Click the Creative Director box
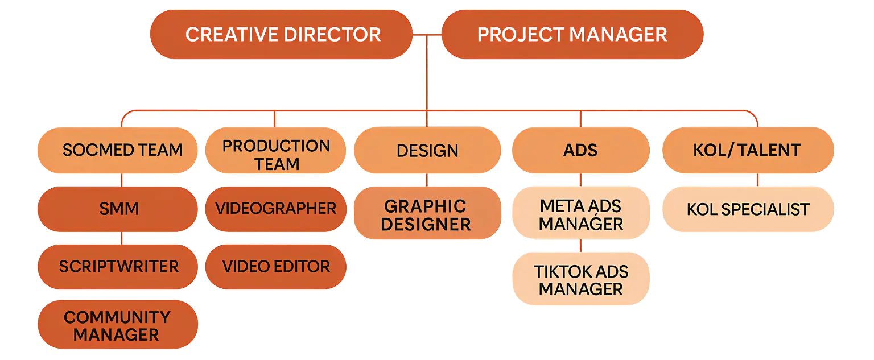(282, 35)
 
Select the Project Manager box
(572, 35)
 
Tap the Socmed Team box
(118, 150)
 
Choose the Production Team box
(276, 155)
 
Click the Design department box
(427, 151)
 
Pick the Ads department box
(580, 150)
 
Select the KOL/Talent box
(747, 150)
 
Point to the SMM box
(118, 209)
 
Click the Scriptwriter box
(118, 266)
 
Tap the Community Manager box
(118, 325)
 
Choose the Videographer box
(276, 208)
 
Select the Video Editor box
(276, 266)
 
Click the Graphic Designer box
(427, 214)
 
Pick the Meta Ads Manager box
(580, 214)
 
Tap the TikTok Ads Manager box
(580, 280)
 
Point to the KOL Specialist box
(748, 209)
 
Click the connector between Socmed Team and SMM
(122, 180)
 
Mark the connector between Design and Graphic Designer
(426, 180)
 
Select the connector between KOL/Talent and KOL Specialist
(758, 180)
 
